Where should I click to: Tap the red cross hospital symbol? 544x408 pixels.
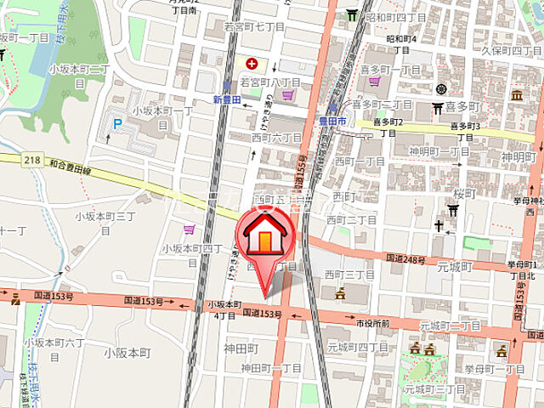click(252, 63)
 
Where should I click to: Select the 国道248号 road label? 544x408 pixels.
click(405, 258)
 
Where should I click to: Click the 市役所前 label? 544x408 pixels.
click(372, 324)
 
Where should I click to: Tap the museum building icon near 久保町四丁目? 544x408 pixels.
click(517, 93)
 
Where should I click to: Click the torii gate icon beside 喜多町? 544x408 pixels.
click(438, 108)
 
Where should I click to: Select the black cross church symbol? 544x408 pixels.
click(439, 227)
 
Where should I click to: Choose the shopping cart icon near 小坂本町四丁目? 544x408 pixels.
click(189, 229)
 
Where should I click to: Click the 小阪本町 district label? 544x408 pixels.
click(127, 352)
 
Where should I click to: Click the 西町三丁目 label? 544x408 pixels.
click(350, 275)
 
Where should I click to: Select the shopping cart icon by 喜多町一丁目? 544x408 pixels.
click(375, 82)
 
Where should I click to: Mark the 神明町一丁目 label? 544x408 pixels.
click(439, 151)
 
